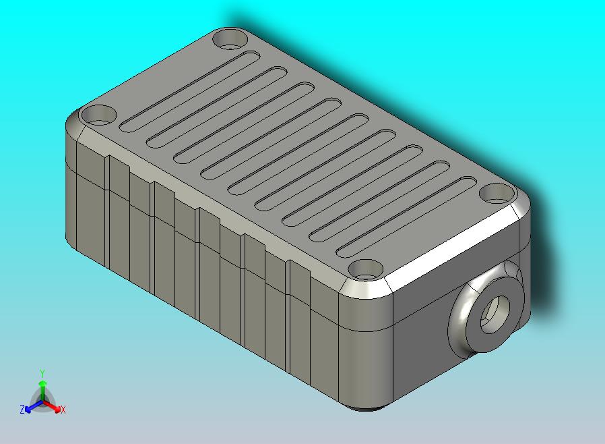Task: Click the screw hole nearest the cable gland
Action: (x=498, y=194)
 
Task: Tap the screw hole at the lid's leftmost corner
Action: (x=98, y=116)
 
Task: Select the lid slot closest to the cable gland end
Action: (x=404, y=217)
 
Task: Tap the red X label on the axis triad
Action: (x=63, y=410)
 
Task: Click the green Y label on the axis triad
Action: (x=42, y=373)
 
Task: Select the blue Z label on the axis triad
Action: (x=22, y=409)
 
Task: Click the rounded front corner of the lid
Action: (x=364, y=289)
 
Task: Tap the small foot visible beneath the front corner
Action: (x=367, y=408)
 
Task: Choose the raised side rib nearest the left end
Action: (x=118, y=216)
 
